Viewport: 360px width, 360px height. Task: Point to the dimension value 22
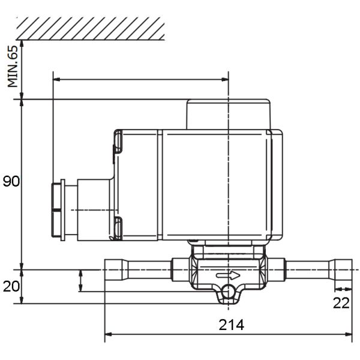(x=341, y=303)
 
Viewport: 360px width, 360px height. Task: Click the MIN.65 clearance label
(x=13, y=67)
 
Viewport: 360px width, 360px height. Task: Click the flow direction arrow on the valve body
(x=228, y=276)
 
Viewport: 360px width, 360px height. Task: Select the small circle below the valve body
(x=228, y=292)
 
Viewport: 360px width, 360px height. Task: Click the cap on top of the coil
(x=228, y=114)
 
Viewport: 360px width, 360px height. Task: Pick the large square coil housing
(x=216, y=185)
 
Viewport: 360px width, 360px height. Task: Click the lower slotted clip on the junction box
(x=118, y=227)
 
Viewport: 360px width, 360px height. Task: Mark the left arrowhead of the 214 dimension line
(x=108, y=334)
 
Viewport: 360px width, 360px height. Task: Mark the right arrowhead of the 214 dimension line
(x=349, y=334)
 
